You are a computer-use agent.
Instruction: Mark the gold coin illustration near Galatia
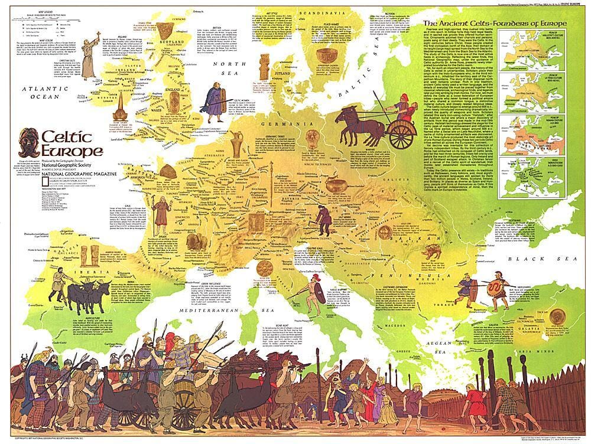coord(556,316)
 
